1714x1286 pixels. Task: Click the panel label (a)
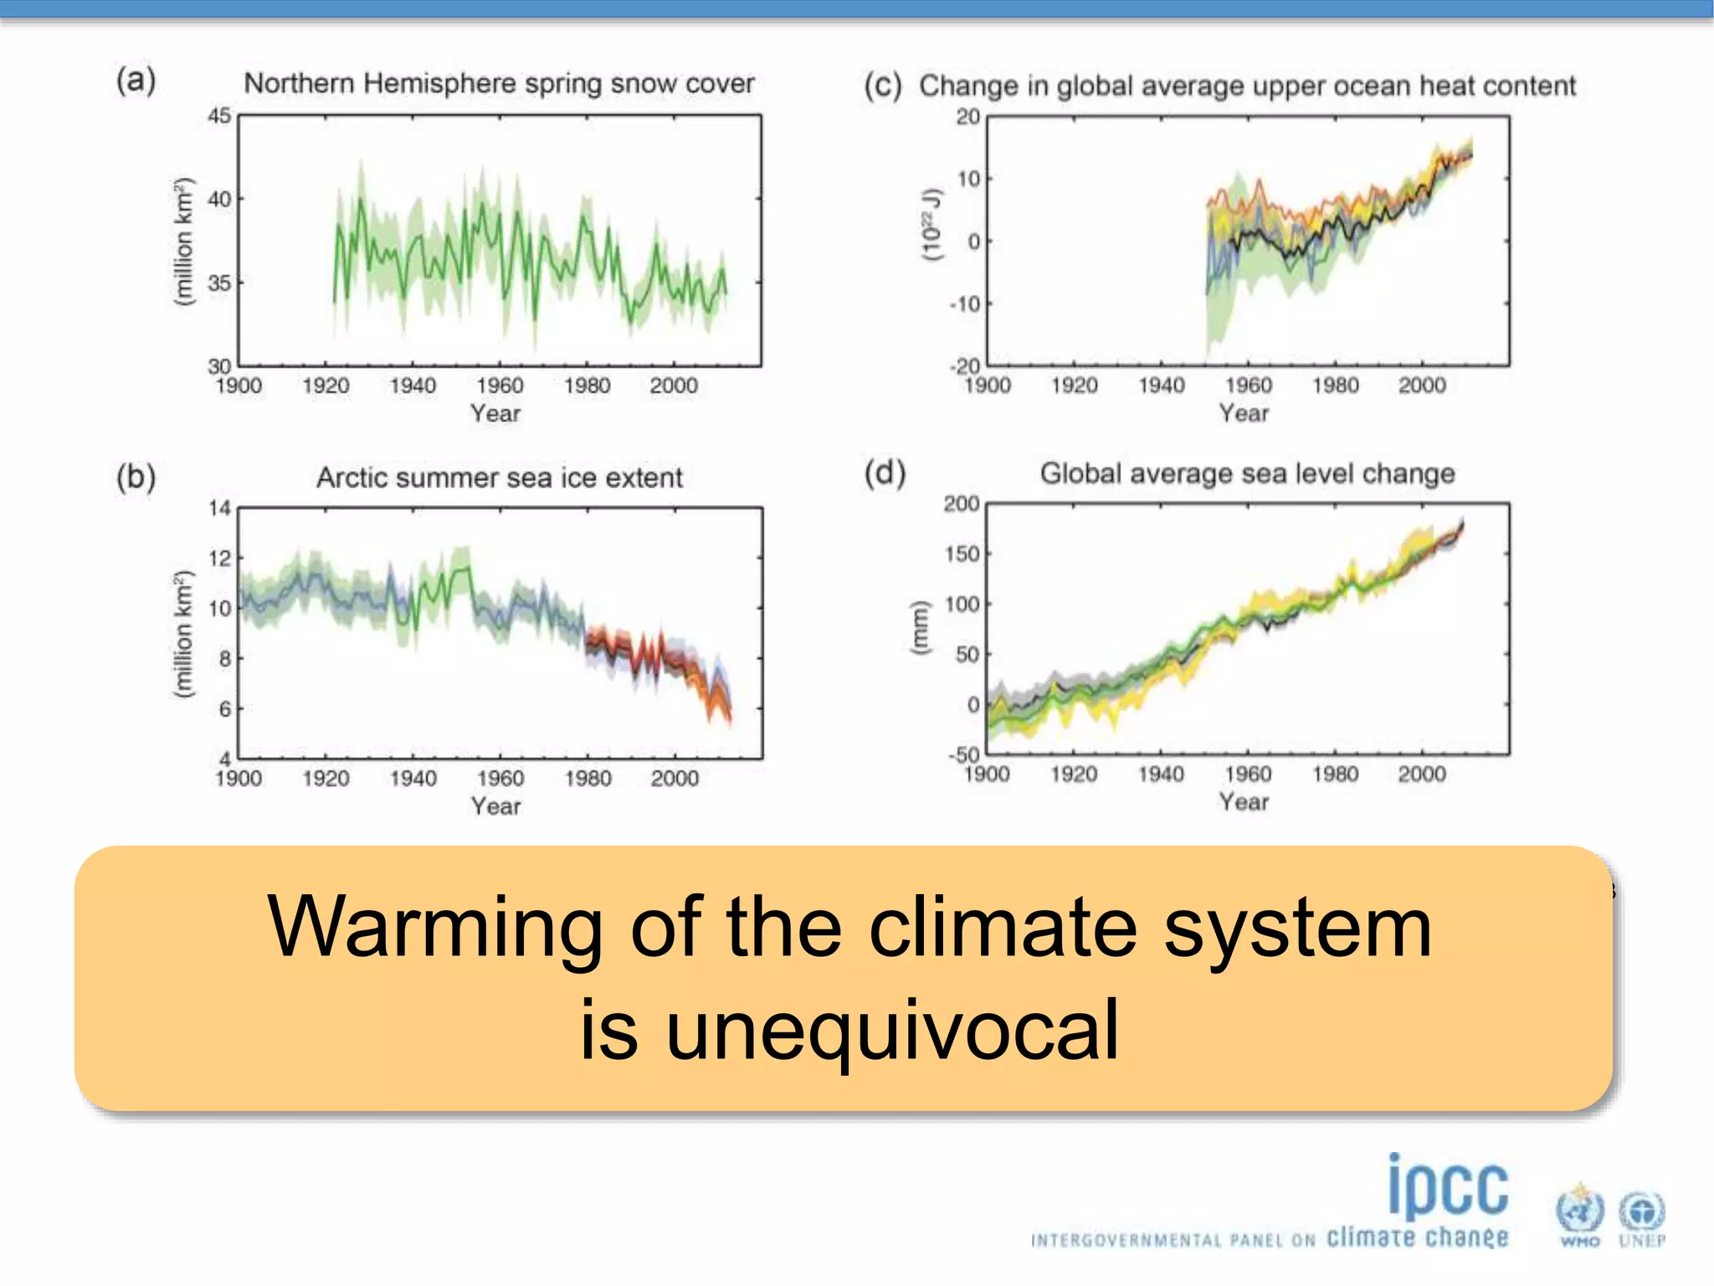point(136,81)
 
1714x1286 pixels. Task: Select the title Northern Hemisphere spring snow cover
point(499,84)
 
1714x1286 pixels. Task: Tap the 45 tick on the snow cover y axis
point(219,116)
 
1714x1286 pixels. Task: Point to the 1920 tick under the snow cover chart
point(326,386)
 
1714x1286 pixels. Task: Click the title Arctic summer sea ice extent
point(499,477)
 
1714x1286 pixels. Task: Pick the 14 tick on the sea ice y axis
point(219,508)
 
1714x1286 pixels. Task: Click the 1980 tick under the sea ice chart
point(588,779)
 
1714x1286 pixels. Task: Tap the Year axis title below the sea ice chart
point(495,806)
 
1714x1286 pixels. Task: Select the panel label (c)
point(883,85)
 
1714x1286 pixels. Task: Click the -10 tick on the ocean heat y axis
point(965,304)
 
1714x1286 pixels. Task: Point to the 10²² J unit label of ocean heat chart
point(931,224)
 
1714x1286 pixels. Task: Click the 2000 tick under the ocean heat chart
point(1422,386)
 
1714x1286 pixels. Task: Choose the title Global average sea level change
point(1247,474)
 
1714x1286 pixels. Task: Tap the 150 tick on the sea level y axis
point(962,554)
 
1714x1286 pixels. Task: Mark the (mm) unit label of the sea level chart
point(920,628)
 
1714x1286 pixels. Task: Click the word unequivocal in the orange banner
point(892,1030)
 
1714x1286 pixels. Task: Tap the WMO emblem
point(1579,1215)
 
